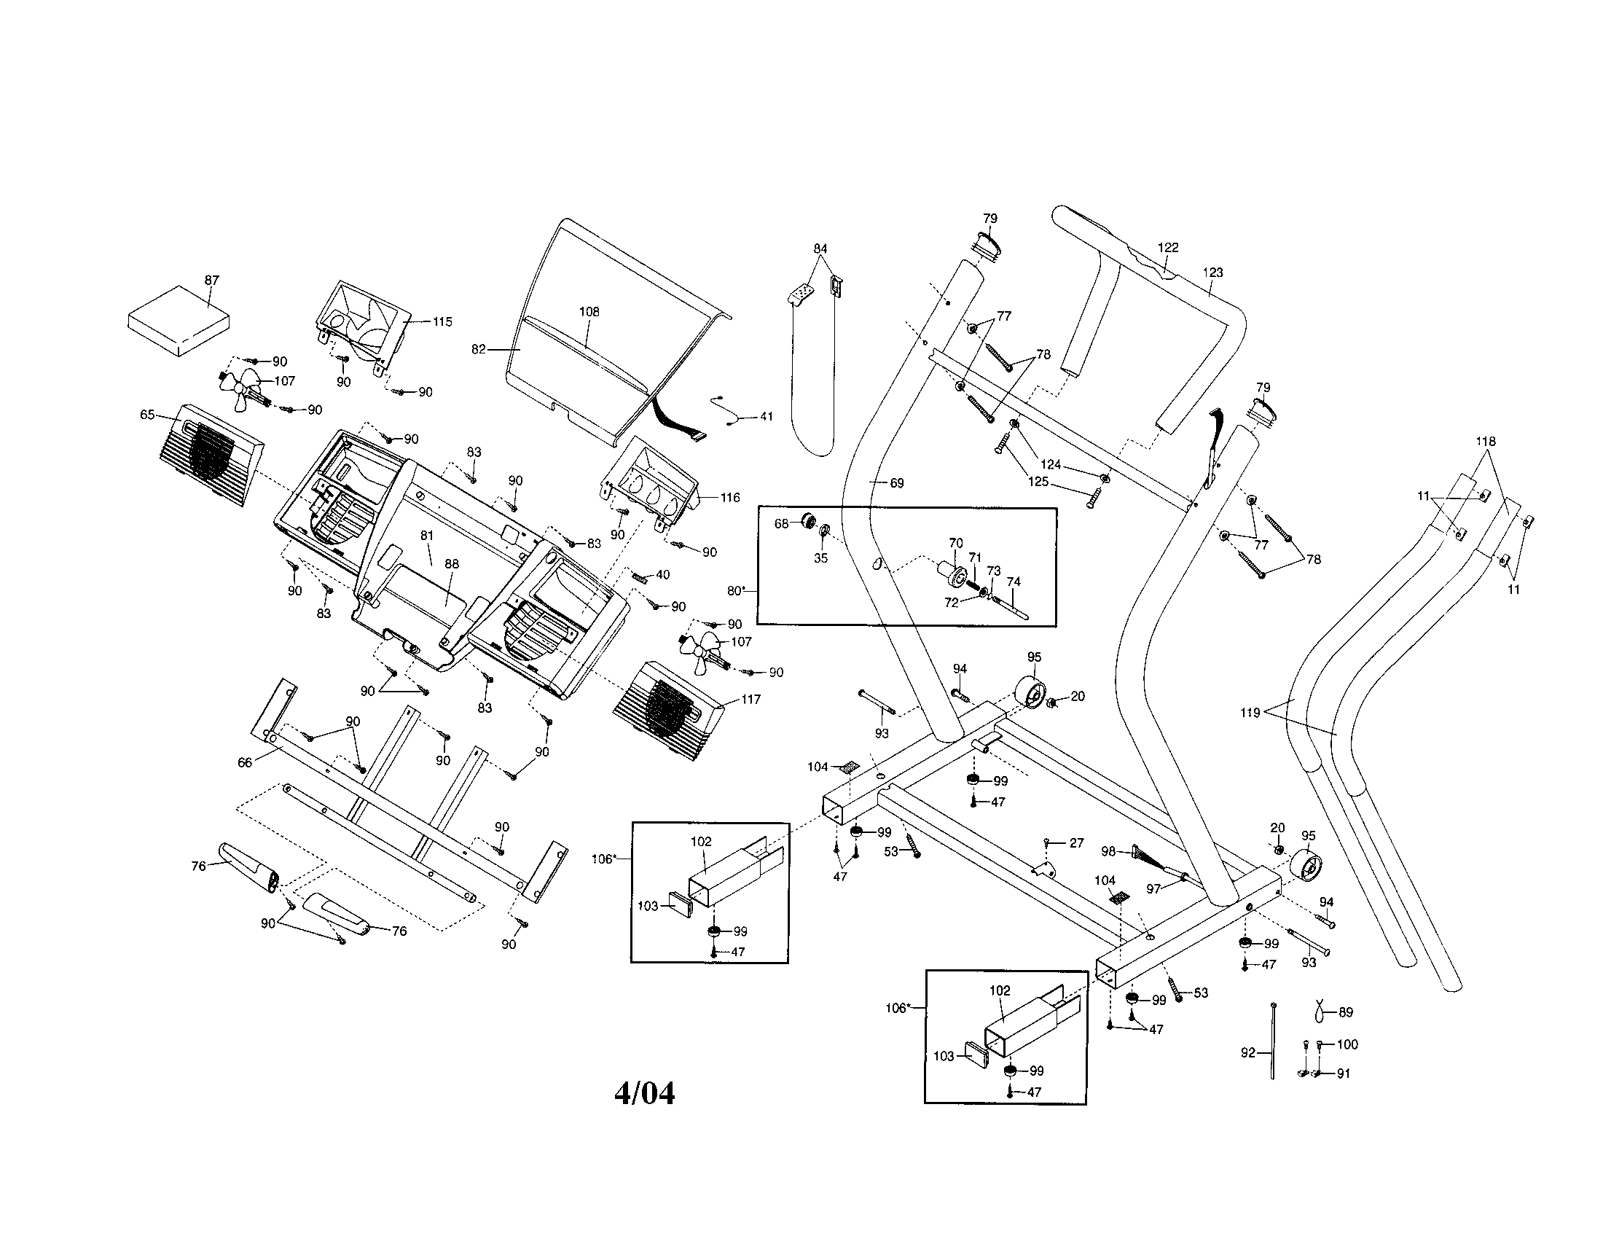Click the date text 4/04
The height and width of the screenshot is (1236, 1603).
point(643,1095)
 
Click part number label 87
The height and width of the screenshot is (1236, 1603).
point(211,281)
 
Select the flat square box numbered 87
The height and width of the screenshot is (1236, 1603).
point(179,321)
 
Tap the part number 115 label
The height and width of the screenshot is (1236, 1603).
point(442,321)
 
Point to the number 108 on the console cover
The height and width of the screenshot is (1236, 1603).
point(589,312)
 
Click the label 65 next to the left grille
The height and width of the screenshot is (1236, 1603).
point(146,415)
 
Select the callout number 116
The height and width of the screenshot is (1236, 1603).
point(729,498)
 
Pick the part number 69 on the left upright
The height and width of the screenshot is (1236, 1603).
point(896,483)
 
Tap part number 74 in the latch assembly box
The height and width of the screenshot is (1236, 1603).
point(1013,582)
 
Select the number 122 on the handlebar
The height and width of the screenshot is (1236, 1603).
point(1168,248)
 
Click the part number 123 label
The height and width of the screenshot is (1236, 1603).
point(1213,273)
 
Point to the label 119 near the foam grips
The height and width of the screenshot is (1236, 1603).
point(1250,713)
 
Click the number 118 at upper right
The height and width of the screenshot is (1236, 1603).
point(1486,442)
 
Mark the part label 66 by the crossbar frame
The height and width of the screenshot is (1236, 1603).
point(244,762)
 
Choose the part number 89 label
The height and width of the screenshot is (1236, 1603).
point(1345,1012)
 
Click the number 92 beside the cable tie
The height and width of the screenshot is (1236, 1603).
point(1247,1052)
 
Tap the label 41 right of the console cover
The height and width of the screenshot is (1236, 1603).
point(766,417)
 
